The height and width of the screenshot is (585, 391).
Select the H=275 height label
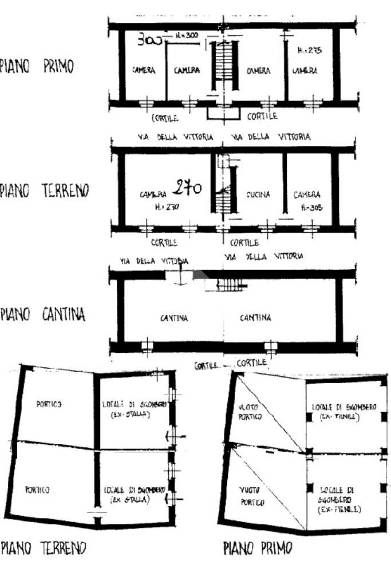[x=310, y=50]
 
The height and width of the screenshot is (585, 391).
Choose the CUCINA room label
[x=258, y=194]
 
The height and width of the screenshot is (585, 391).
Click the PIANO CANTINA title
[x=43, y=315]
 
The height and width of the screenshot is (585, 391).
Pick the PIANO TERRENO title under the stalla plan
[x=44, y=548]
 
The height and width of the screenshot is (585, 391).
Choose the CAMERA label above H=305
[x=307, y=195]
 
